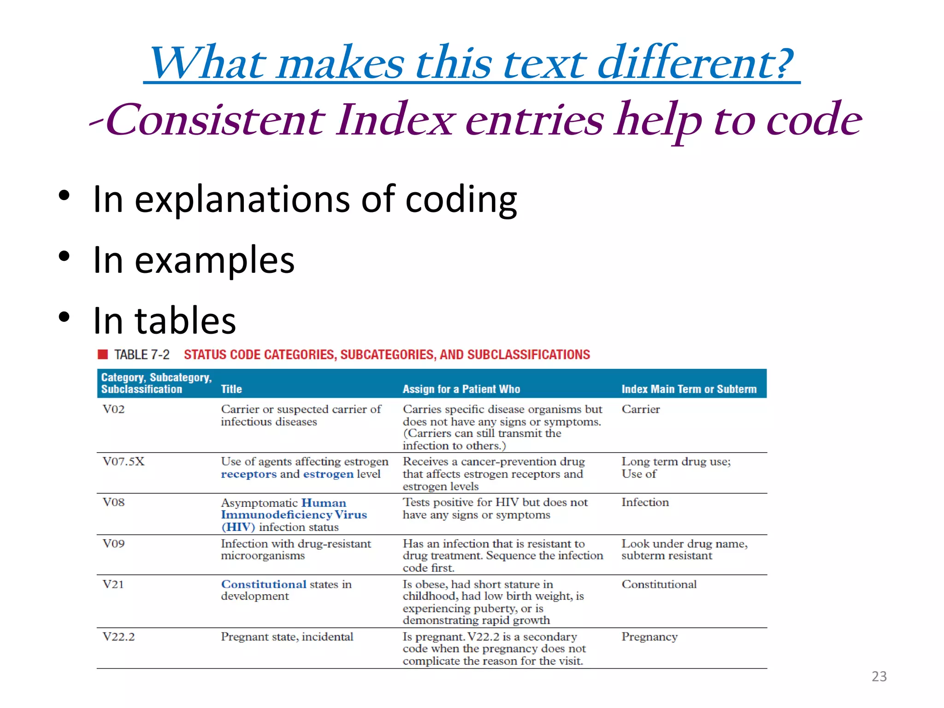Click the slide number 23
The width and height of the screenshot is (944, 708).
(879, 676)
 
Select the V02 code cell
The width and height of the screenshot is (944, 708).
(113, 409)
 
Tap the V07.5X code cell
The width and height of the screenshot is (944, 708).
(124, 461)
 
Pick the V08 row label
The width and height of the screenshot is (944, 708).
(113, 502)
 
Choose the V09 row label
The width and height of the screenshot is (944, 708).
(113, 543)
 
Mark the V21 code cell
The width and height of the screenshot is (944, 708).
(113, 584)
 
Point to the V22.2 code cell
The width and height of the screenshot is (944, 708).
(118, 637)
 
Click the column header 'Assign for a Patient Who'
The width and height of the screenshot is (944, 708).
(461, 389)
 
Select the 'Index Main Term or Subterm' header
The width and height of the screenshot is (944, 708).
(689, 389)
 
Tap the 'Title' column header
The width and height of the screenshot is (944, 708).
(231, 389)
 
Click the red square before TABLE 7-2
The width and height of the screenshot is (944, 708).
(103, 354)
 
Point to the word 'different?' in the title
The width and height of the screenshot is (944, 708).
(695, 63)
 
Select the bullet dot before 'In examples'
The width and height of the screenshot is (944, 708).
(64, 256)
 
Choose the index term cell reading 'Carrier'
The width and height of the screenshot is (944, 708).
(641, 409)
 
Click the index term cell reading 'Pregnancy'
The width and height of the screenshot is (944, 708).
(649, 637)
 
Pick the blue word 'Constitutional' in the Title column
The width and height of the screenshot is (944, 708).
(264, 584)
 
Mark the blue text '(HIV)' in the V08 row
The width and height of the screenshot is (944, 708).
(238, 527)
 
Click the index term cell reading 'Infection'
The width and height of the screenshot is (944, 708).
(645, 502)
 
